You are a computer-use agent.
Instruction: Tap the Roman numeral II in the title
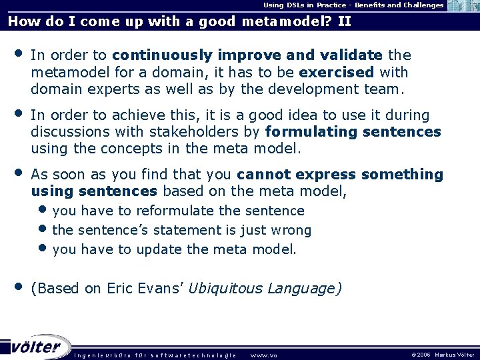tap(344, 21)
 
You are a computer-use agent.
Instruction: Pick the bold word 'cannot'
tap(263, 175)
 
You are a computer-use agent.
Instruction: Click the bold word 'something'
tap(402, 175)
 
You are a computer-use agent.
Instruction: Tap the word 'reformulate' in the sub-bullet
tap(175, 211)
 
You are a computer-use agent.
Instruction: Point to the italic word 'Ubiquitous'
tap(225, 289)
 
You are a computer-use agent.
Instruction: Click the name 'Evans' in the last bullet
tap(157, 289)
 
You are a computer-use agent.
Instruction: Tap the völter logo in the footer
tap(36, 347)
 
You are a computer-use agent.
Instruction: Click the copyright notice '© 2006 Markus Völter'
tap(443, 355)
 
